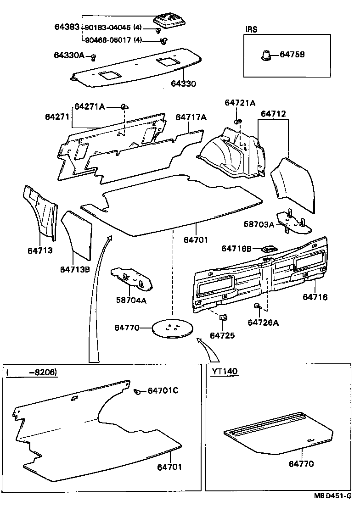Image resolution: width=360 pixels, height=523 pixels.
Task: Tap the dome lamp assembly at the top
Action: (171, 21)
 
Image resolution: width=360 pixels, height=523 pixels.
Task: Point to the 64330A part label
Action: (69, 56)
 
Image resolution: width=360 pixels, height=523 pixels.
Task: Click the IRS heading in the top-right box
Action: (251, 29)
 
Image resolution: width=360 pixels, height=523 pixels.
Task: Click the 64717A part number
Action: (191, 117)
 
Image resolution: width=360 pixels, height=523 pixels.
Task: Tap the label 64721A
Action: (240, 103)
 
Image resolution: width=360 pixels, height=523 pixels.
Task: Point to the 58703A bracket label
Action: (259, 224)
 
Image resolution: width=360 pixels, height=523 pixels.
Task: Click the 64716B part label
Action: (236, 248)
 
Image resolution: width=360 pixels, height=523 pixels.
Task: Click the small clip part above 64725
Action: (223, 317)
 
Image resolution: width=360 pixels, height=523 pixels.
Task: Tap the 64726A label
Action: (263, 323)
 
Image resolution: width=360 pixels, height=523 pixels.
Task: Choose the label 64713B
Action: (74, 269)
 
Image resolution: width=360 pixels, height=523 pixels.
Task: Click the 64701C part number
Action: (163, 390)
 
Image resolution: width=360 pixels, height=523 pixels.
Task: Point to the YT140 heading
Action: (225, 371)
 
